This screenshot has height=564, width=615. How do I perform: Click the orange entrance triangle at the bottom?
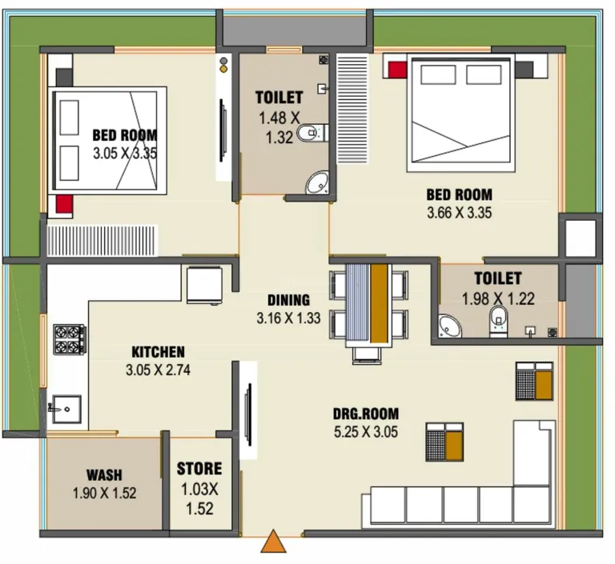point(273,542)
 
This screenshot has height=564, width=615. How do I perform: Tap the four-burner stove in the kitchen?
point(70,339)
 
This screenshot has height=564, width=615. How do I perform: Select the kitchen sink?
point(66,409)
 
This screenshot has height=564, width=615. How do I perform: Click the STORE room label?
point(199,469)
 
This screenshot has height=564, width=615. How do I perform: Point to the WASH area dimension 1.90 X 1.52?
point(105,493)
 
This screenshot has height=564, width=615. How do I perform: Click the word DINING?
point(288,300)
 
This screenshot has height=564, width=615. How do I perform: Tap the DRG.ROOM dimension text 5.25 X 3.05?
point(366,432)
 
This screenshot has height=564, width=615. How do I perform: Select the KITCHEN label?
point(158,352)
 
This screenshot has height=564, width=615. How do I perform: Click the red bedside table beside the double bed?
point(397,70)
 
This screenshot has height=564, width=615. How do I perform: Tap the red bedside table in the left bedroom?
point(64,204)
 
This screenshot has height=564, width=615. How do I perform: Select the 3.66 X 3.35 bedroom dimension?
point(460,213)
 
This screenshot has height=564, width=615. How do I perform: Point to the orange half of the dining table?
point(379,302)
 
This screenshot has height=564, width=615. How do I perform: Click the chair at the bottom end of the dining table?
point(367,355)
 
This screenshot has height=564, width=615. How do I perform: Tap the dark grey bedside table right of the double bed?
point(524,70)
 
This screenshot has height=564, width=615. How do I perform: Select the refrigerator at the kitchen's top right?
point(204,285)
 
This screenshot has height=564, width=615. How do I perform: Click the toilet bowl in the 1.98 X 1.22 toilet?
point(498,321)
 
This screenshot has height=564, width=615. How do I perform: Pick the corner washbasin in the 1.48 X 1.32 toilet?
point(317,182)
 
